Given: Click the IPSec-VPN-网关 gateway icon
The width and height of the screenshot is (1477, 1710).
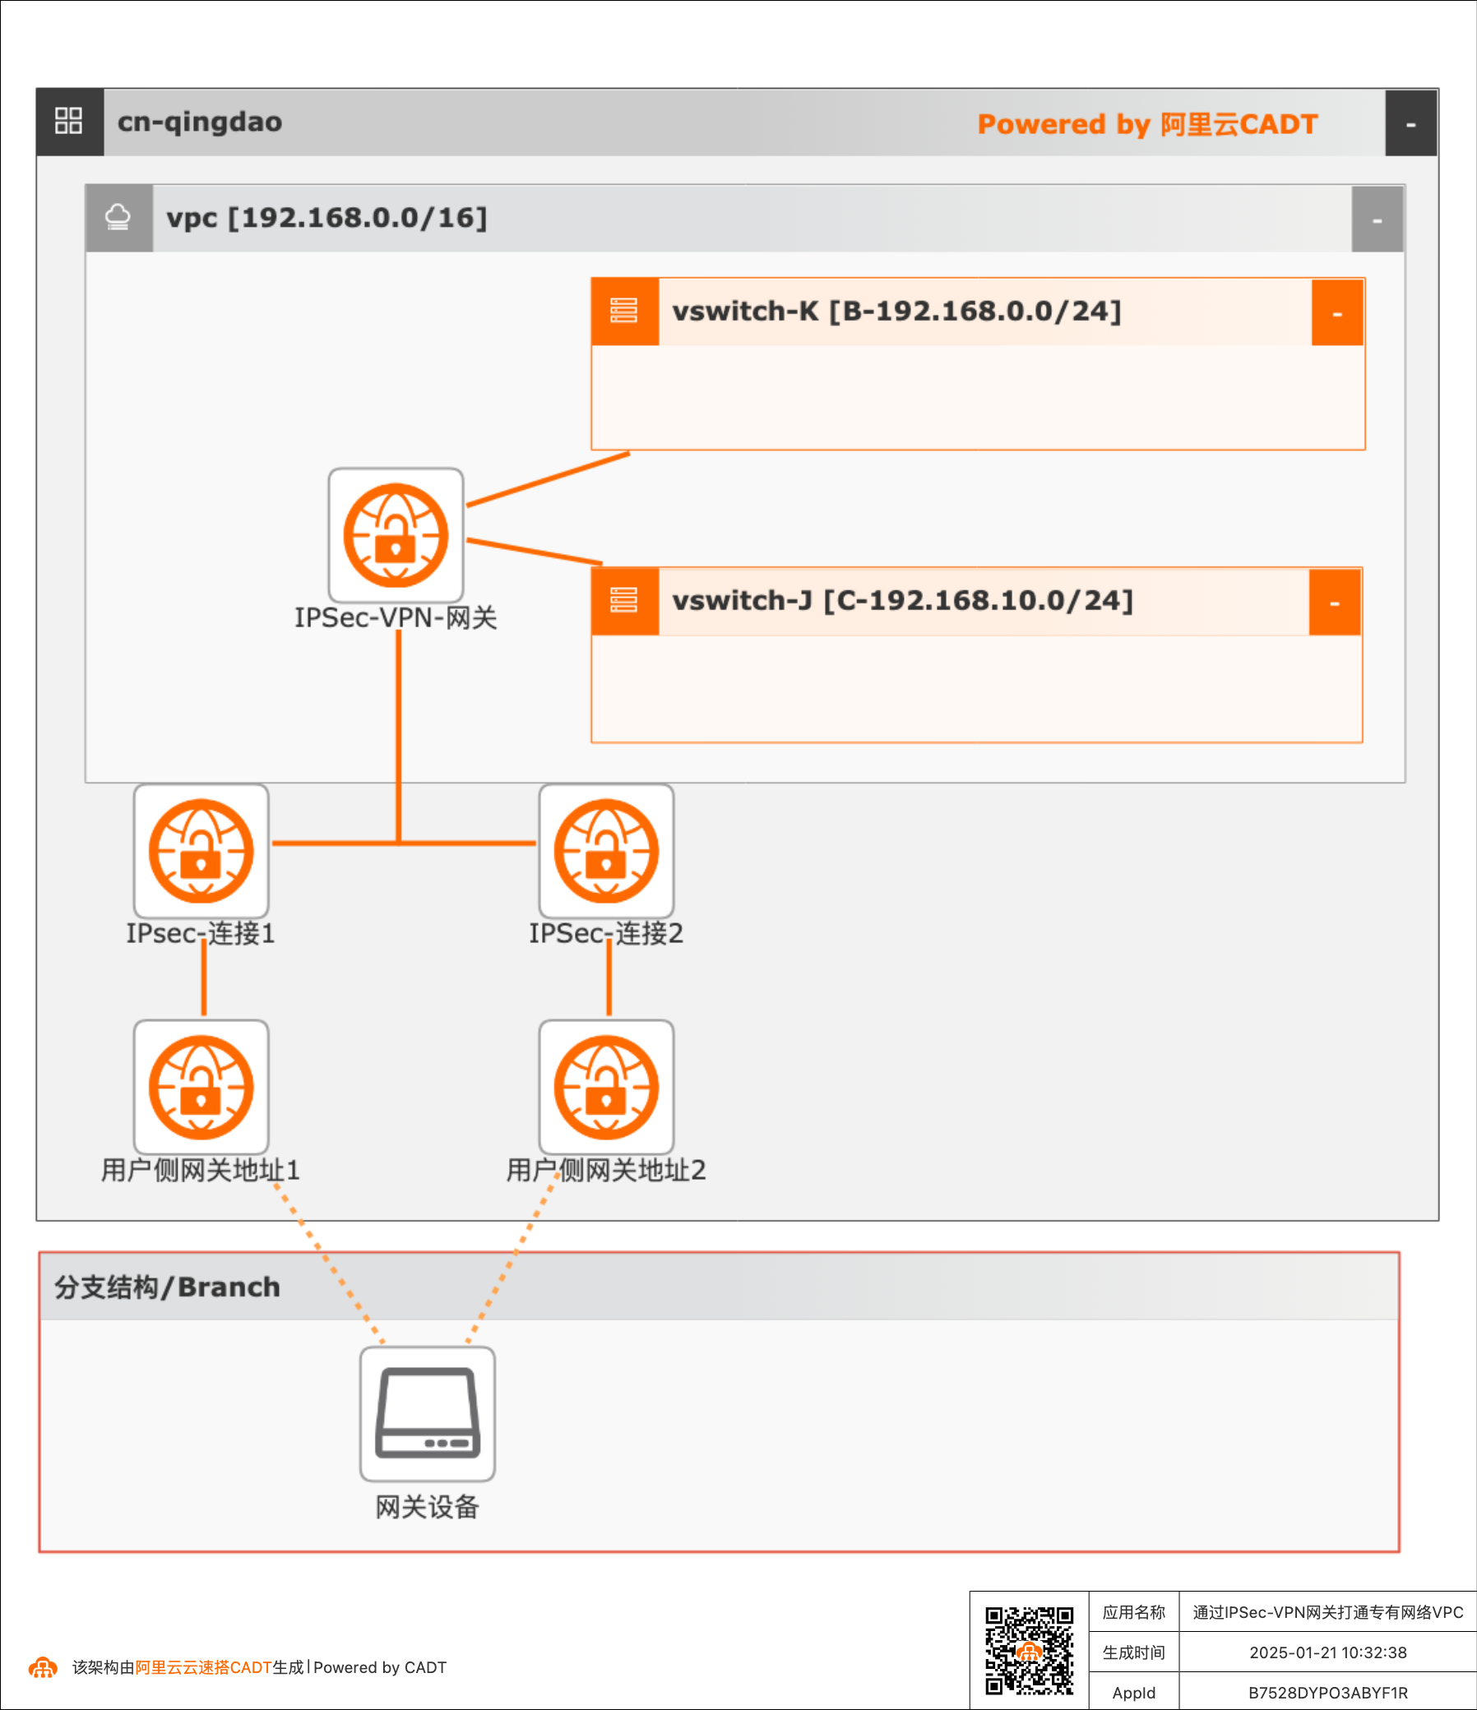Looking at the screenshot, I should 396,535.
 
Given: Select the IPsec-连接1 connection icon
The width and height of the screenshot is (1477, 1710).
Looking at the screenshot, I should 201,851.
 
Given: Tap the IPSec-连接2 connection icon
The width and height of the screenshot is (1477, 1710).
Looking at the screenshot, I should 606,851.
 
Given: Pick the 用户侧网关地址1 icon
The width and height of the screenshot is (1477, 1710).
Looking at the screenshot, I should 201,1087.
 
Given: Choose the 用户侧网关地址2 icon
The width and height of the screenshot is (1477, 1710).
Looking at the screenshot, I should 606,1087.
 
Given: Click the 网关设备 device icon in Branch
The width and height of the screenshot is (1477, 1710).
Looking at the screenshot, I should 427,1414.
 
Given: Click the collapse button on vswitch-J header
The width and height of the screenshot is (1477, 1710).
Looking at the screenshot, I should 1334,603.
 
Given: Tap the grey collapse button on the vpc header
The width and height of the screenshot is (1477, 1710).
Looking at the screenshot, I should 1377,220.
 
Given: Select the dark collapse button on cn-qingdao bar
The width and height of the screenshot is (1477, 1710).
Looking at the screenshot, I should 1410,124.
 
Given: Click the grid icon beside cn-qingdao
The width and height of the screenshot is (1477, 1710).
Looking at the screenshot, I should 68,122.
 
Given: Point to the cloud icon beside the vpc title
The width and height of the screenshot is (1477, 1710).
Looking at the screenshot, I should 118,218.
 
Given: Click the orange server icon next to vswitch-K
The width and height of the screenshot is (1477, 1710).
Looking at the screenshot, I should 624,311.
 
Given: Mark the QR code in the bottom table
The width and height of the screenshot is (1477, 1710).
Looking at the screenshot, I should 1029,1650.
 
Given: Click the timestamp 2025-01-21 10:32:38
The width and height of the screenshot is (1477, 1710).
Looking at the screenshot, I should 1327,1652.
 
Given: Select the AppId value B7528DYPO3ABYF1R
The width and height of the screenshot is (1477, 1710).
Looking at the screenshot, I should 1327,1693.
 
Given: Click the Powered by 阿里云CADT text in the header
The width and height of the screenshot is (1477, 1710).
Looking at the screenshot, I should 1146,124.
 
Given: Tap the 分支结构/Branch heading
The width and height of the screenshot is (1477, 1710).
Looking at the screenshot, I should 168,1287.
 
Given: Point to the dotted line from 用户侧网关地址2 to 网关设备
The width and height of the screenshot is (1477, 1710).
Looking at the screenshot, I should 512,1259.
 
